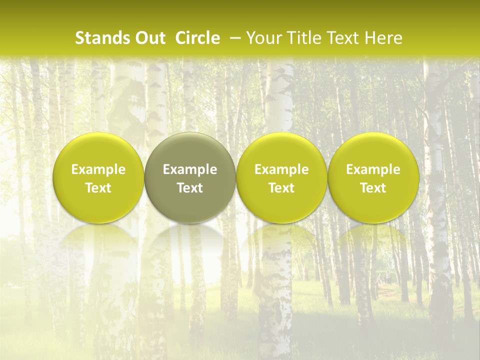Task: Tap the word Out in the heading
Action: click(x=149, y=38)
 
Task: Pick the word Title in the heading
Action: click(x=303, y=38)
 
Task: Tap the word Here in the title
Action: click(x=382, y=38)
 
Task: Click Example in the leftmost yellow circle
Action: click(x=98, y=169)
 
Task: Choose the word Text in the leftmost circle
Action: click(x=98, y=188)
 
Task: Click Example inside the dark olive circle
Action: click(x=190, y=169)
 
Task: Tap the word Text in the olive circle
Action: click(x=190, y=188)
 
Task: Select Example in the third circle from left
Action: click(x=281, y=169)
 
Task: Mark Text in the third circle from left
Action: click(x=281, y=188)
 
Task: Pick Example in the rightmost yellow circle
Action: click(x=373, y=169)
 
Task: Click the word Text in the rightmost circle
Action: click(x=373, y=188)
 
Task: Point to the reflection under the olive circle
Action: click(x=190, y=237)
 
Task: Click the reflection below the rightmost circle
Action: click(x=373, y=237)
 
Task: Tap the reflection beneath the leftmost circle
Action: click(x=98, y=237)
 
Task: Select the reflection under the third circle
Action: click(x=281, y=237)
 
